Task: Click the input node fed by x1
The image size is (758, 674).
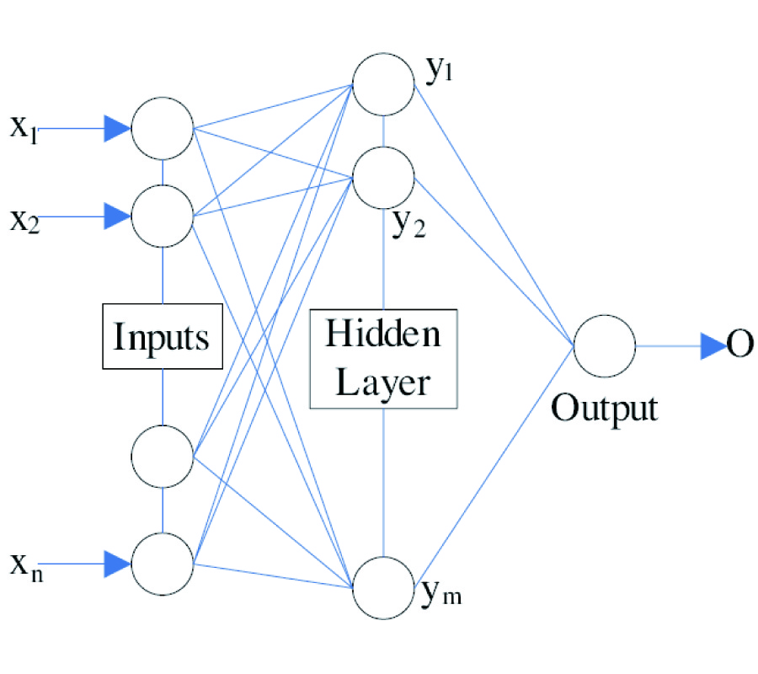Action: pyautogui.click(x=163, y=129)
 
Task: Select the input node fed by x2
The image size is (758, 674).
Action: pyautogui.click(x=163, y=217)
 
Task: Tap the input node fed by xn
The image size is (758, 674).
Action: pyautogui.click(x=163, y=563)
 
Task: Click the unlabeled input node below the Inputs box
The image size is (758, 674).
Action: pyautogui.click(x=163, y=456)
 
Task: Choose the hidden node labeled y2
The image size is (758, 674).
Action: pyautogui.click(x=384, y=176)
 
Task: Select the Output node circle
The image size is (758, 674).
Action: pyautogui.click(x=604, y=346)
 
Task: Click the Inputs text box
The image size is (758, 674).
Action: pyautogui.click(x=162, y=336)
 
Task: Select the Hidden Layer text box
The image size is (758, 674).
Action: pyautogui.click(x=383, y=358)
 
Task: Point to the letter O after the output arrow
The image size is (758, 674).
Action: pyautogui.click(x=739, y=345)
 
